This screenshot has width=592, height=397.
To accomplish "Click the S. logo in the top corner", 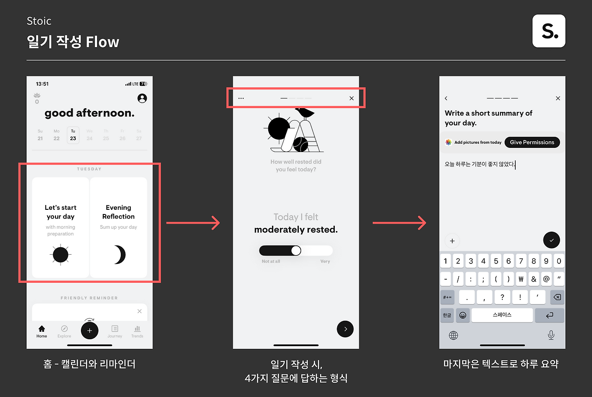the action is (x=549, y=31).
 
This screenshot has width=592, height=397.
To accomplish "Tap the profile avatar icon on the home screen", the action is (x=142, y=98).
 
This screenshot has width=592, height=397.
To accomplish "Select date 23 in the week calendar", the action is (x=73, y=135).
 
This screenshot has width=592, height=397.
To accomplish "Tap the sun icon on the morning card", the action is (x=61, y=255).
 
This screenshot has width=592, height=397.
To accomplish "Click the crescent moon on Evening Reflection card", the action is (x=120, y=255).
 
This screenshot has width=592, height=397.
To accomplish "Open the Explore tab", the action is (x=64, y=331).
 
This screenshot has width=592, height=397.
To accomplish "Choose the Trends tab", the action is (x=137, y=331).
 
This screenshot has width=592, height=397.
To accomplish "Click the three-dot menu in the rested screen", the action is (x=241, y=98).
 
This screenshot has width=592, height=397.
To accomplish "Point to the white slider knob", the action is (x=296, y=250).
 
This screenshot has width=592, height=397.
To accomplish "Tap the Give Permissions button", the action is (x=532, y=142).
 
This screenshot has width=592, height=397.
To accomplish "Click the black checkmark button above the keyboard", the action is (x=551, y=240).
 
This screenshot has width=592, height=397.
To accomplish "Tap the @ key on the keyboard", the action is (x=546, y=279).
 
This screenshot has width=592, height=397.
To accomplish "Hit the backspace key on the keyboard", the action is (x=557, y=297).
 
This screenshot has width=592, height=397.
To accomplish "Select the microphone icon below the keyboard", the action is (x=551, y=335).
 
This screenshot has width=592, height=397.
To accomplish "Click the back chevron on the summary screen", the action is (x=446, y=98).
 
